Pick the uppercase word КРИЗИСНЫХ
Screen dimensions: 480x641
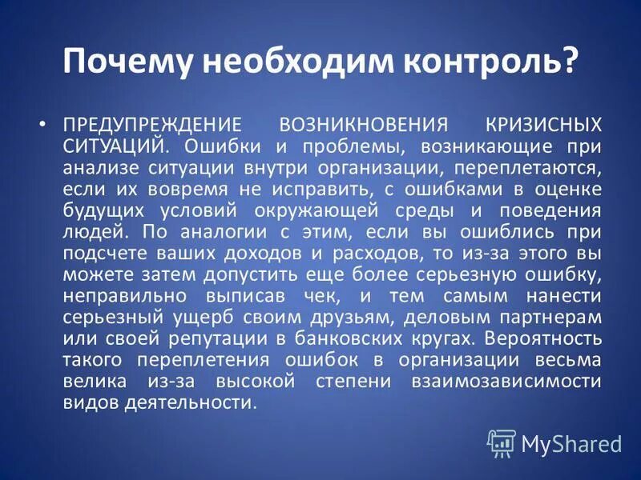coord(544,126)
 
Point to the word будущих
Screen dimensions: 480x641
coord(103,210)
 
